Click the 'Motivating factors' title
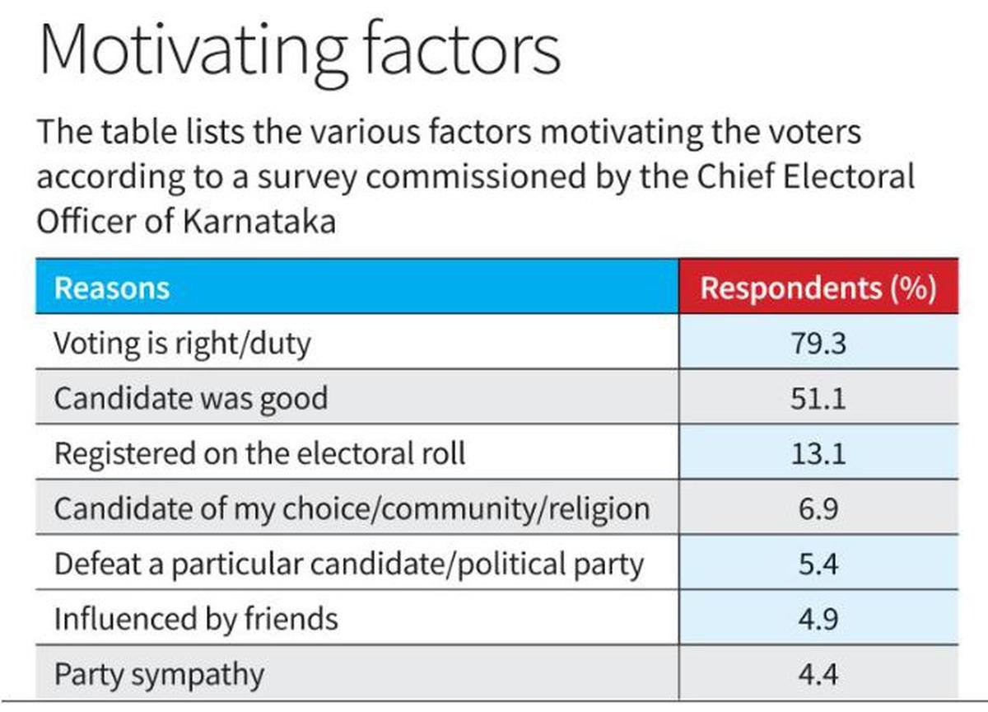[x=300, y=51]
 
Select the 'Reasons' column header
[x=111, y=288]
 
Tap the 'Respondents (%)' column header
[x=818, y=288]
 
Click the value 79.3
[x=818, y=343]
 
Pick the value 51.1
[x=818, y=398]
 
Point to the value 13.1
[x=818, y=453]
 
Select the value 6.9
[x=818, y=508]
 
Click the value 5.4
[x=818, y=564]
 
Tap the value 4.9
[x=818, y=619]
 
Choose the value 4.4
[x=818, y=675]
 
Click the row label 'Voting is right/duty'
[x=182, y=343]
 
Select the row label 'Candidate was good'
[x=190, y=398]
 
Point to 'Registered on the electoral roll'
[x=259, y=453]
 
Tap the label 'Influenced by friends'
[x=196, y=619]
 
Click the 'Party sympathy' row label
[x=159, y=675]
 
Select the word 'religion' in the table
[x=595, y=508]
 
